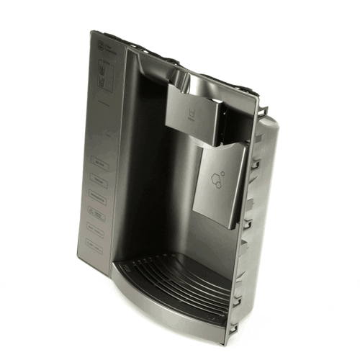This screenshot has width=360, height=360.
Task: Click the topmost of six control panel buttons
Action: click(97, 164)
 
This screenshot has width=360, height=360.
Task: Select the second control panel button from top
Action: click(97, 180)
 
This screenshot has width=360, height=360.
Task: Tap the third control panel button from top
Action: click(97, 196)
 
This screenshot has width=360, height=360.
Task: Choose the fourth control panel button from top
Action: click(97, 212)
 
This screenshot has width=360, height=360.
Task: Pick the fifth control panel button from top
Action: click(97, 228)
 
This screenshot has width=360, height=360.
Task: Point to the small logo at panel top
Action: click(100, 46)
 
